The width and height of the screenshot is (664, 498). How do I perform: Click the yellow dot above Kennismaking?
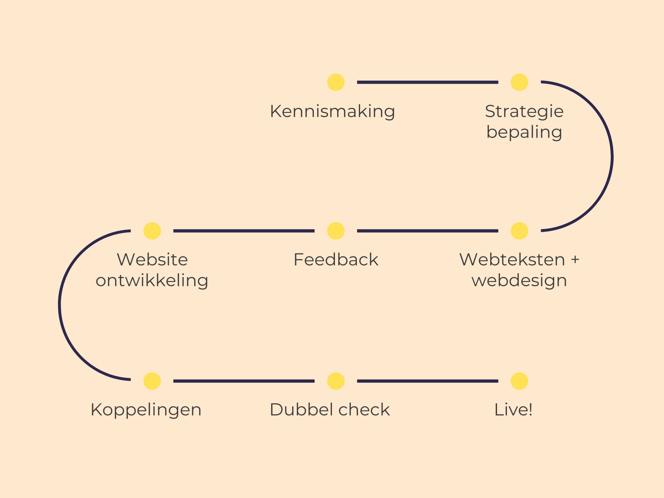[336, 82]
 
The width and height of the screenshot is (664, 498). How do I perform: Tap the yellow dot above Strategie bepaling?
[519, 82]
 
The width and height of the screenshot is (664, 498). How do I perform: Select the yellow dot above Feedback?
[336, 231]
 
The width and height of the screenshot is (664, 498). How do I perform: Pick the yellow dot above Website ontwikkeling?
[152, 231]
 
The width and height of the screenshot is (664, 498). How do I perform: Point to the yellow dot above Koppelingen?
[152, 381]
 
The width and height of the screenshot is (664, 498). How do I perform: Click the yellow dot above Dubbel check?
[336, 381]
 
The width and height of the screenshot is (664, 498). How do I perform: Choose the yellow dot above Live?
[519, 381]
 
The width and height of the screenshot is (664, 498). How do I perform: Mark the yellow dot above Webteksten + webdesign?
[519, 231]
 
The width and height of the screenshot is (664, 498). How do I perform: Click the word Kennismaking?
[332, 111]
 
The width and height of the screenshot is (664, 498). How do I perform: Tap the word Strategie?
[524, 111]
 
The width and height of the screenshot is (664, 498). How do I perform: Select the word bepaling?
[524, 132]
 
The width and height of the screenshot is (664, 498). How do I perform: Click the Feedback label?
[336, 260]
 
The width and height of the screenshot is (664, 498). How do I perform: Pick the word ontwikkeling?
[152, 281]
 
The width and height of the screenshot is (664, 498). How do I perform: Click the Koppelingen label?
[146, 410]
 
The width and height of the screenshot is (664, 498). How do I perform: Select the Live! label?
[513, 410]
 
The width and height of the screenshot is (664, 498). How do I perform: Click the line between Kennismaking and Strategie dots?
[427, 82]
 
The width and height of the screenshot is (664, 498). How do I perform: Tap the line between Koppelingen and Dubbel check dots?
[244, 381]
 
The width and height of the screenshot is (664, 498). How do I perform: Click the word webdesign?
[519, 281]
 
